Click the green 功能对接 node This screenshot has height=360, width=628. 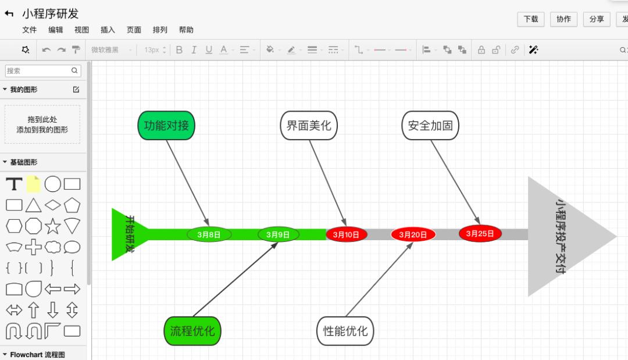[166, 125]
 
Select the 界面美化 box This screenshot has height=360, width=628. [309, 126]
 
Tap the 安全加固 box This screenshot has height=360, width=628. [430, 126]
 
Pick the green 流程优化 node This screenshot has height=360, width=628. [192, 331]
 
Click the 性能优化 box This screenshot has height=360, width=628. [345, 331]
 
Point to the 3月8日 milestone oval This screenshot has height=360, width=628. [209, 234]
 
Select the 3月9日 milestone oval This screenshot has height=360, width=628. [278, 234]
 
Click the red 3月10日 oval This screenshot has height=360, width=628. [346, 234]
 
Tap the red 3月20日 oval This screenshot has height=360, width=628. [413, 234]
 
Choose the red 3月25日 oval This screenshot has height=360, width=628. [480, 233]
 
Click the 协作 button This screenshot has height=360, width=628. [563, 19]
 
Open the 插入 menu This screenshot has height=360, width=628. [108, 30]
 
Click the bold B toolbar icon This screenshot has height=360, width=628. [179, 50]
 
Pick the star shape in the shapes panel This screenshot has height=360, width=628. [53, 226]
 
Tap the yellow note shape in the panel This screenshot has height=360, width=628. [34, 184]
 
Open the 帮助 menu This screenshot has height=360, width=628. [186, 30]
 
